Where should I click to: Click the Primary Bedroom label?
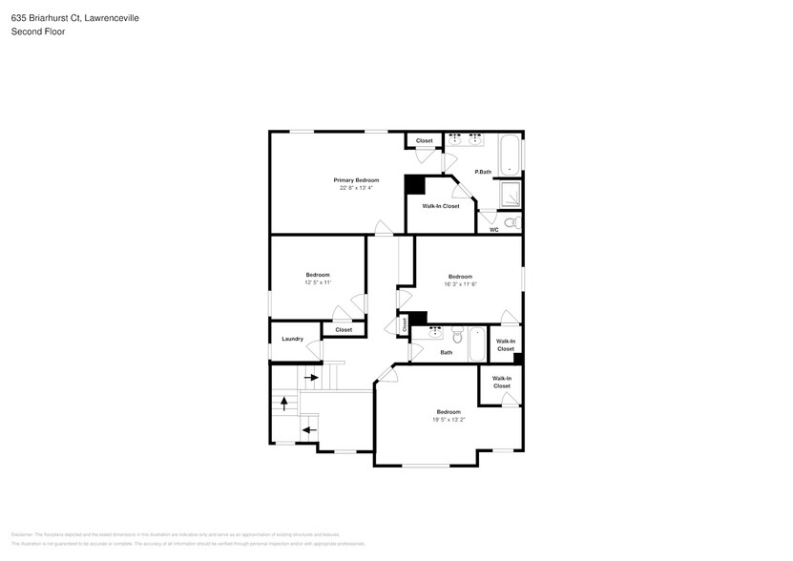355,180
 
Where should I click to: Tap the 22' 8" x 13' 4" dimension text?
355,188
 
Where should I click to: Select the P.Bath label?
483,172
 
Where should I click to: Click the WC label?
493,230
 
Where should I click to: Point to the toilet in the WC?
511,222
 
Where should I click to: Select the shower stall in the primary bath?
511,195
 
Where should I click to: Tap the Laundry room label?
293,339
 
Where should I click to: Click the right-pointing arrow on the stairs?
311,378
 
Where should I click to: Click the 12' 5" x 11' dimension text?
317,282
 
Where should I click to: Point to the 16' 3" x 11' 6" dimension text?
460,283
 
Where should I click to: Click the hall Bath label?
446,353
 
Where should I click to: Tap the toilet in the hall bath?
457,336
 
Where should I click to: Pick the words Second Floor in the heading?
38,31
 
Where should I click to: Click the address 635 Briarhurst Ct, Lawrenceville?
75,16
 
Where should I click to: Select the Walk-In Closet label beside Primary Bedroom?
440,206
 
